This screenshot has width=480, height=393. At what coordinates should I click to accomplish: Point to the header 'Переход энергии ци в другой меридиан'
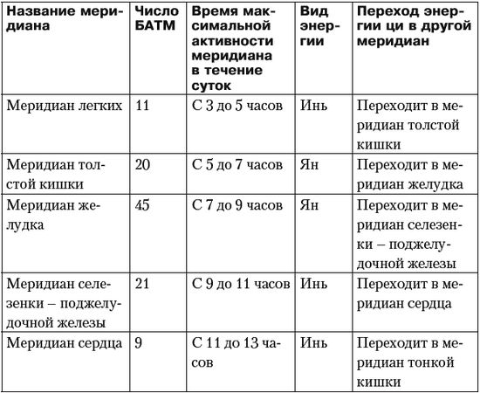click(411, 31)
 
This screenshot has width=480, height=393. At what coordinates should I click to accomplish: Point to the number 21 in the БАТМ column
click(146, 284)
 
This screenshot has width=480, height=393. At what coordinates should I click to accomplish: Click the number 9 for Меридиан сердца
click(140, 343)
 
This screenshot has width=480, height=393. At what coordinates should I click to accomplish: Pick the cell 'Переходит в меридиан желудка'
click(411, 172)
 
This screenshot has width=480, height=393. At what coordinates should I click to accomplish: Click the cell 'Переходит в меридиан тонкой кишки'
click(411, 362)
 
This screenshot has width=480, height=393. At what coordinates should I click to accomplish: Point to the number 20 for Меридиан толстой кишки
click(146, 163)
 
